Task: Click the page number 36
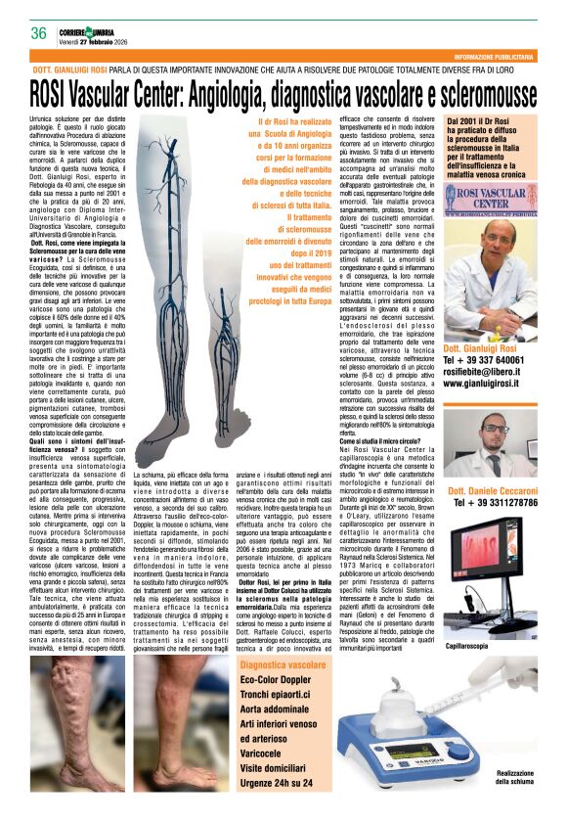[40, 32]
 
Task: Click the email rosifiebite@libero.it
[490, 371]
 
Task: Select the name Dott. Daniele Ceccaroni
[493, 489]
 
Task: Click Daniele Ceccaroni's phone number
[496, 502]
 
